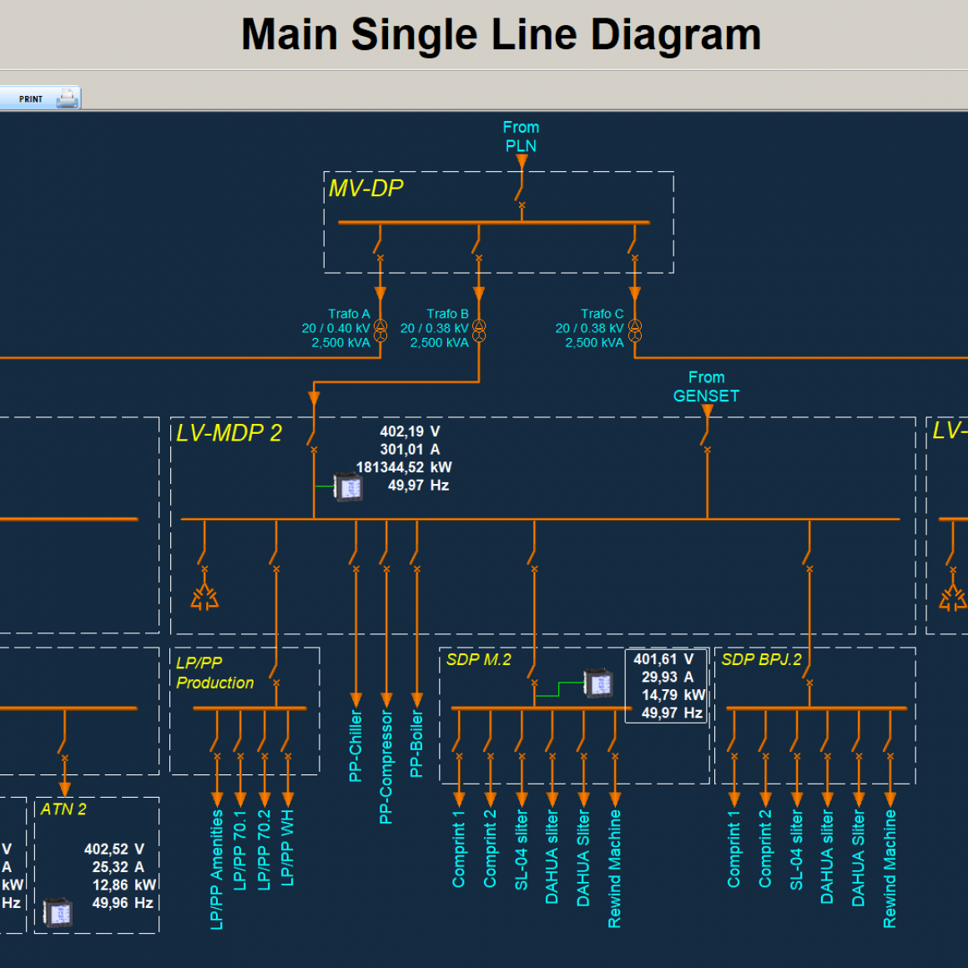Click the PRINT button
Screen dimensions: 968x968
point(40,98)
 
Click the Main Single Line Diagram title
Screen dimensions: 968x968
point(501,35)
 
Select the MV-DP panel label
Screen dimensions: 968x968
point(366,189)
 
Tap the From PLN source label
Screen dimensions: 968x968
point(521,137)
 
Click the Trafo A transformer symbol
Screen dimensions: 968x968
point(381,330)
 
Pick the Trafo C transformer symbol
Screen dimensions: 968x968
point(635,330)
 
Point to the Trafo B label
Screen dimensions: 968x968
point(447,314)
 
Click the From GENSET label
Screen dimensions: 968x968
point(706,387)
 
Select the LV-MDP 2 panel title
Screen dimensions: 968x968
point(229,433)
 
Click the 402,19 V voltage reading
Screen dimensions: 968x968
point(410,431)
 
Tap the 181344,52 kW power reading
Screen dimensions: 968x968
point(404,467)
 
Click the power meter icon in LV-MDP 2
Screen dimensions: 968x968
point(348,486)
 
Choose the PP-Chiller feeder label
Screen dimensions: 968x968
point(356,746)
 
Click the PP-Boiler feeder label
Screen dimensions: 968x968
point(417,744)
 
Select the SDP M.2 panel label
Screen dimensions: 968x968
point(478,659)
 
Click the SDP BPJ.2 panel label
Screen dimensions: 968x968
point(761,659)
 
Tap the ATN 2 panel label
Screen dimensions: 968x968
point(63,809)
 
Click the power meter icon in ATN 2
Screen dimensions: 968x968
point(58,912)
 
